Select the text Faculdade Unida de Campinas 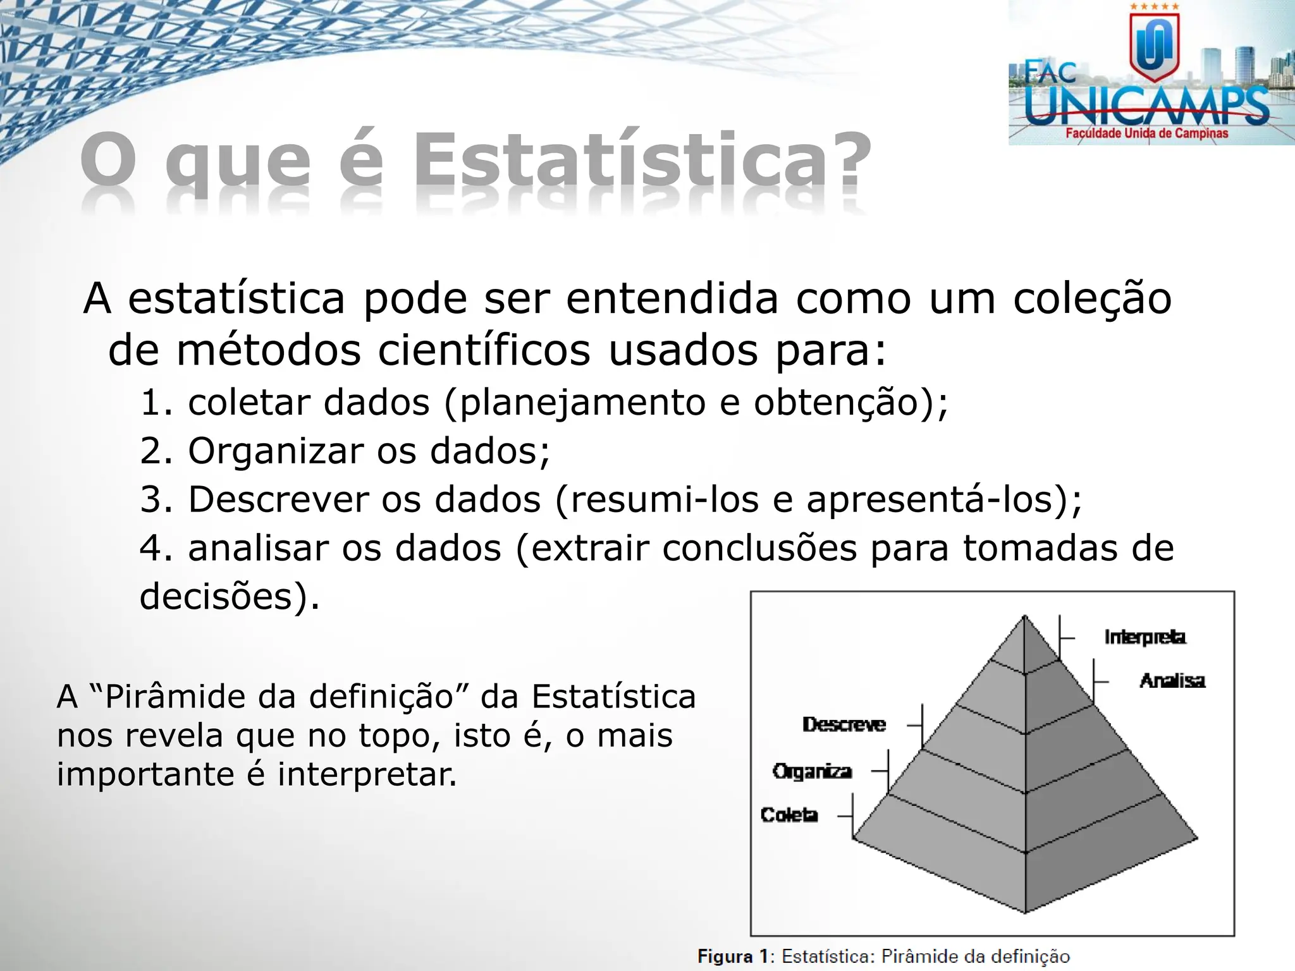click(1146, 133)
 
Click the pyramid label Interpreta click(1145, 637)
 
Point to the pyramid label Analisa click(1172, 681)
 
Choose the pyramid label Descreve click(844, 724)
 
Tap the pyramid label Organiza click(812, 771)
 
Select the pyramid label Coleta click(789, 815)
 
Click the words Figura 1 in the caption click(732, 956)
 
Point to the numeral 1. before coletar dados click(156, 403)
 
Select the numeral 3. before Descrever click(156, 499)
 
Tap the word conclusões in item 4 click(759, 548)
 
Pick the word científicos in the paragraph click(484, 350)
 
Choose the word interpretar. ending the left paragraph click(367, 774)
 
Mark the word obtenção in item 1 click(835, 403)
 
